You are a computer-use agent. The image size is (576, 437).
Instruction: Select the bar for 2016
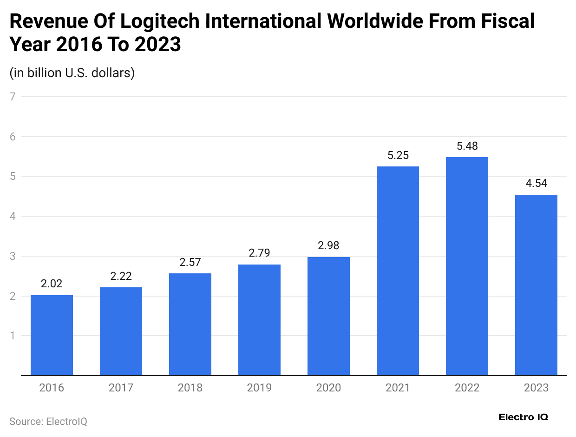52,335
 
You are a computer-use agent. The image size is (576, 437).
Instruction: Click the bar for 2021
398,271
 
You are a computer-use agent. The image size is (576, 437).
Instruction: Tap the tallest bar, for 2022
467,266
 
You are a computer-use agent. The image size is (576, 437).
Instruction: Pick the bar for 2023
536,285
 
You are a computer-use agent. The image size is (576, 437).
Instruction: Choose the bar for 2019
259,320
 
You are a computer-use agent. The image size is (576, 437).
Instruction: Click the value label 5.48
467,146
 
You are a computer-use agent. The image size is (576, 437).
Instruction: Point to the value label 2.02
52,284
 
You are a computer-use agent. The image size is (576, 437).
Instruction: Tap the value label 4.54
536,183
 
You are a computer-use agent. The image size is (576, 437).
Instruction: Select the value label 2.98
328,245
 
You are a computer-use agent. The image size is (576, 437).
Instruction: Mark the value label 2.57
190,262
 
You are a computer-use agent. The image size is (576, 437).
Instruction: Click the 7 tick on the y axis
13,97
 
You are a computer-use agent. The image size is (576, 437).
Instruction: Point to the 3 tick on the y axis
13,256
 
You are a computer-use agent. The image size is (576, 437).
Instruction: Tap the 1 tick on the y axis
13,336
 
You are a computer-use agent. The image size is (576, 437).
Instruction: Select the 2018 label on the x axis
190,388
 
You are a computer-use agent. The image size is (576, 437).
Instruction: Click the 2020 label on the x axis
328,388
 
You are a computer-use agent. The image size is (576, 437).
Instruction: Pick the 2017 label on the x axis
121,388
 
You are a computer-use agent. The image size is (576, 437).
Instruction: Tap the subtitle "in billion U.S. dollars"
72,73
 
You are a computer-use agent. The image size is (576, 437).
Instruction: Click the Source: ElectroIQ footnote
48,422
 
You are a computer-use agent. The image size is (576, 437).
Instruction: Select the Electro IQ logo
523,417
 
